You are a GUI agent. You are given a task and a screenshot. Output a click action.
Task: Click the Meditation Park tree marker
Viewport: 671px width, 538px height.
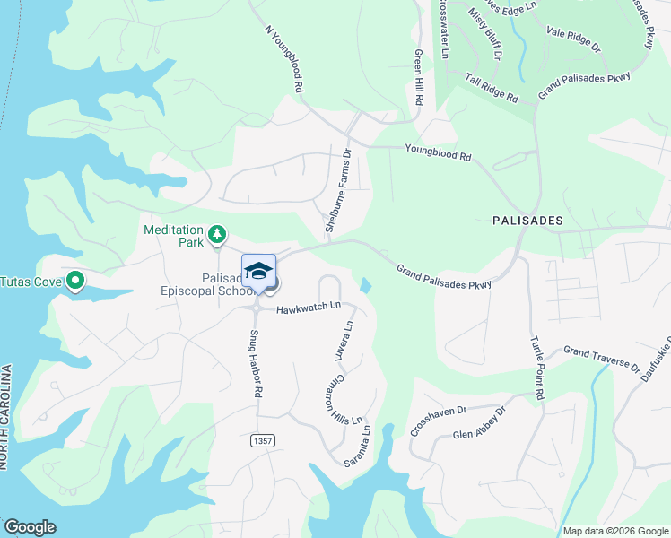coord(216,235)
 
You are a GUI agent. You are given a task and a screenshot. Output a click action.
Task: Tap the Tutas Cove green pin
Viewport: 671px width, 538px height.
coord(76,282)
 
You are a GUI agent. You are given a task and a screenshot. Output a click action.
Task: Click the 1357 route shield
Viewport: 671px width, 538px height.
coord(262,441)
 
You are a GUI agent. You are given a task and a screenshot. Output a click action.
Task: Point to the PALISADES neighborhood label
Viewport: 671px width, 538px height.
coord(527,220)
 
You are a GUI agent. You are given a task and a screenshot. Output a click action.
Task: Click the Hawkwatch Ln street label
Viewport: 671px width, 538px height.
coord(309,307)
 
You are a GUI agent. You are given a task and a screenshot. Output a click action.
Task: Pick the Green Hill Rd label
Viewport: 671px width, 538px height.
coord(418,78)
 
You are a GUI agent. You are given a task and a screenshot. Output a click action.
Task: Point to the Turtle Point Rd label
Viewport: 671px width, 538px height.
coord(537,368)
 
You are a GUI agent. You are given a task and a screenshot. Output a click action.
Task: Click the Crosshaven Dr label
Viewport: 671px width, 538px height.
coord(439,421)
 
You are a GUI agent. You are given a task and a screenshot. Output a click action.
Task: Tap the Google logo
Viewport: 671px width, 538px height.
coord(30,527)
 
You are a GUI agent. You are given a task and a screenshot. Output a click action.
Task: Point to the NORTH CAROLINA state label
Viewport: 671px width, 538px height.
coord(5,417)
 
